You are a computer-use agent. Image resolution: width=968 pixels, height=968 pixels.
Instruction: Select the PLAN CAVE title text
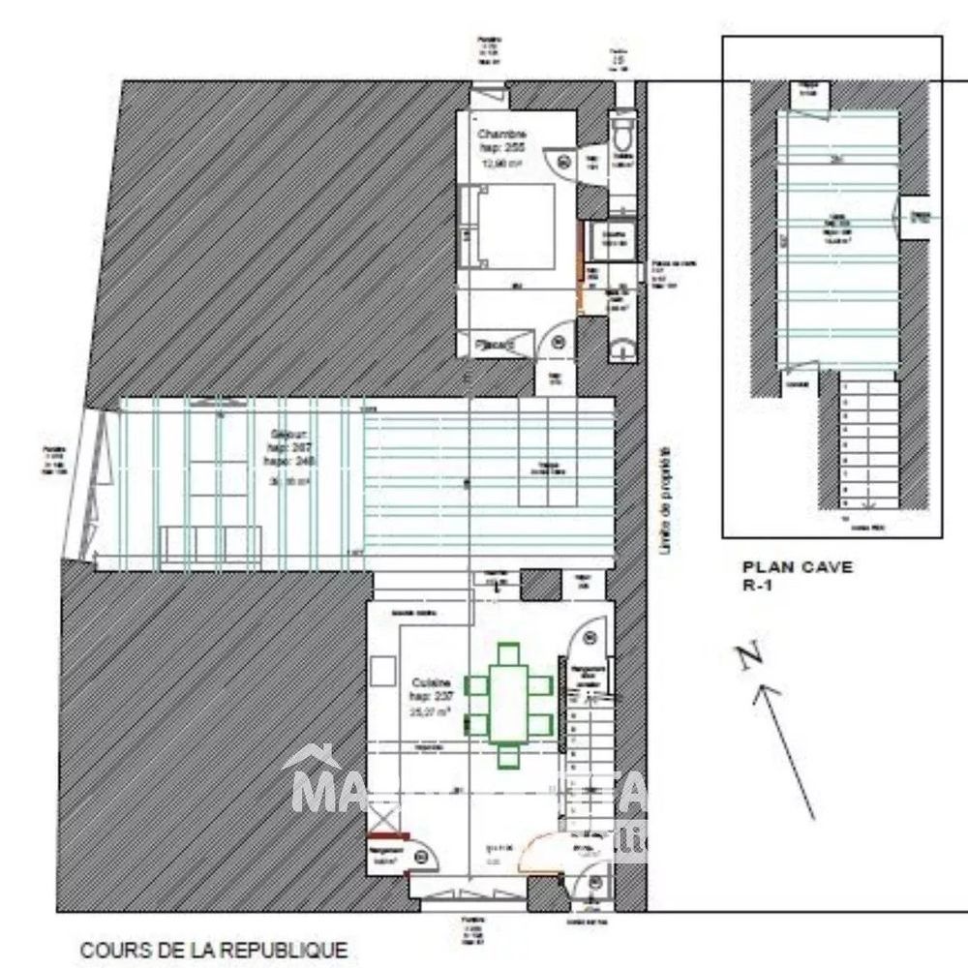coord(797,567)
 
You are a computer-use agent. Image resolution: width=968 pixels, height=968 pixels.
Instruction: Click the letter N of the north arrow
coord(747,657)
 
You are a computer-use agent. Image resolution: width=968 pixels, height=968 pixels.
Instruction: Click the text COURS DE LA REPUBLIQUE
coord(213,951)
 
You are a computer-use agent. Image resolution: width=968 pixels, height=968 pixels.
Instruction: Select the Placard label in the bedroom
coord(496,344)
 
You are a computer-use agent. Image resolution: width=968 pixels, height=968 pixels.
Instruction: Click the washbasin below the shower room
coord(622,344)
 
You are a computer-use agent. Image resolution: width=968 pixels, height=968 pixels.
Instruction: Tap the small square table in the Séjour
coord(550,469)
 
